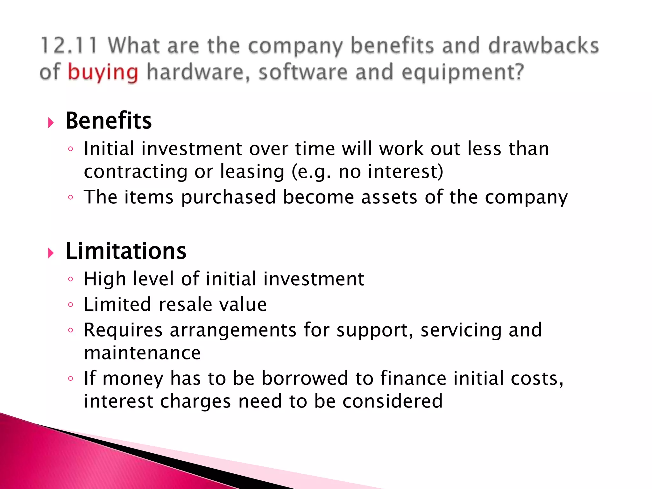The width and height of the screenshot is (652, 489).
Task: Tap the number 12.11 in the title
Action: pos(69,45)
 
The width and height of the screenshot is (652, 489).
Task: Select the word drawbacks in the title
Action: pos(543,45)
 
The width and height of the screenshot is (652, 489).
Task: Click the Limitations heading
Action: pos(126,251)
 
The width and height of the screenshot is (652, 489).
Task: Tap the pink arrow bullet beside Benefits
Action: pos(51,123)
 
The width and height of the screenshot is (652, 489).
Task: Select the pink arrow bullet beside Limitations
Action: pos(51,253)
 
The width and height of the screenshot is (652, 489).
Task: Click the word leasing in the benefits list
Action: pos(252,172)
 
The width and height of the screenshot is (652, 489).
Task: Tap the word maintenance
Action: pos(142,353)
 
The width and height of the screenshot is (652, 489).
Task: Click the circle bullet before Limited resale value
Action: pos(71,305)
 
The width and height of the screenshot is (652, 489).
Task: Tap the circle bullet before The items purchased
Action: pos(71,197)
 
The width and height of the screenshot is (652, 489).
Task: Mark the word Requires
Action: pos(123,330)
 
